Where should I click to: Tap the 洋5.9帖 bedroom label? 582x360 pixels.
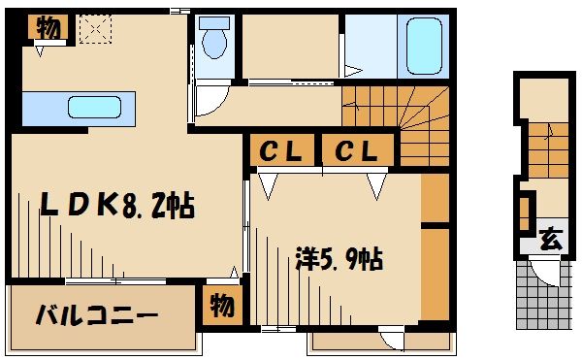(x=339, y=259)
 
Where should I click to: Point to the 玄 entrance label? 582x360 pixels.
(x=550, y=238)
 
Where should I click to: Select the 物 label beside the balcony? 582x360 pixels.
(x=221, y=307)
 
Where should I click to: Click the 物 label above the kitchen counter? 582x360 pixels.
(x=48, y=28)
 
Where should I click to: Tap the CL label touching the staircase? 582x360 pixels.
(x=357, y=151)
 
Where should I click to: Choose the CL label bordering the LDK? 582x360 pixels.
(x=281, y=151)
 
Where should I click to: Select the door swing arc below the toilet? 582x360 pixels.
(x=212, y=101)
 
